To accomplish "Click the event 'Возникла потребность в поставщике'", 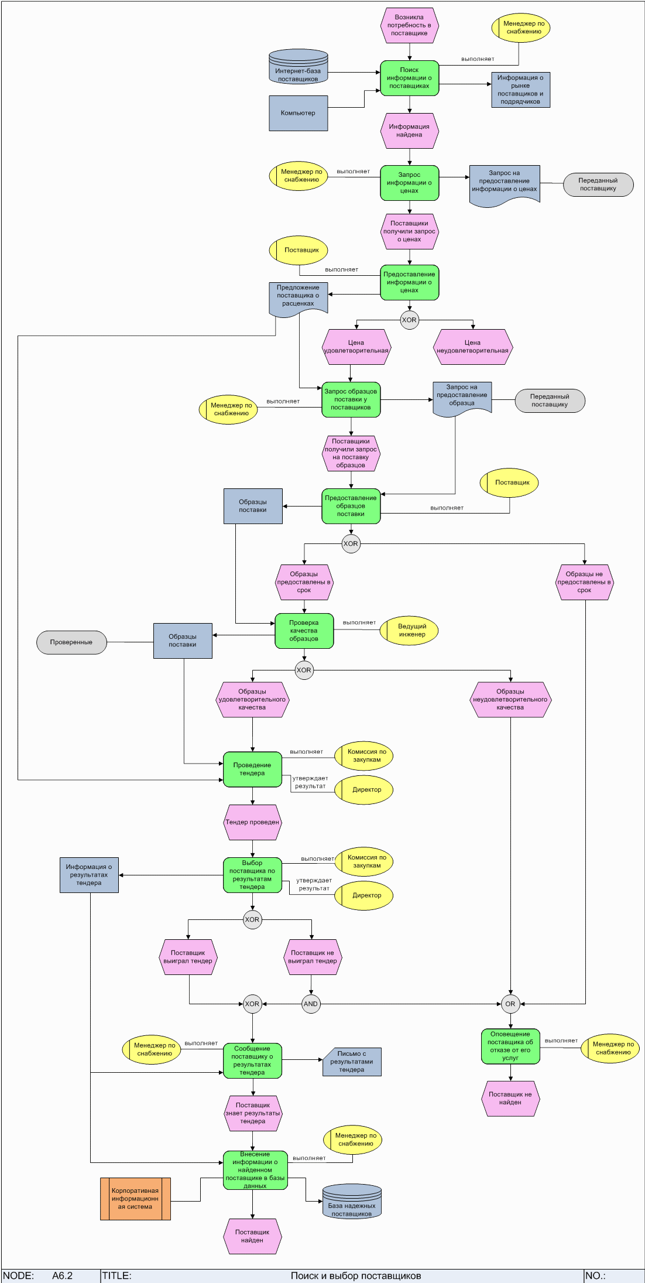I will pos(409,26).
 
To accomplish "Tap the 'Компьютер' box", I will pos(298,113).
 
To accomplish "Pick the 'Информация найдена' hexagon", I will pos(409,131).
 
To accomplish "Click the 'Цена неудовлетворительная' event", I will pos(472,347).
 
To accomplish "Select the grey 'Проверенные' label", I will pos(71,642).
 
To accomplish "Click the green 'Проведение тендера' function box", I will pos(252,769).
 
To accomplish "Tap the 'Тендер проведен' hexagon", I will pos(252,822).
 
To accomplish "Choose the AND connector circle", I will pos(311,1004).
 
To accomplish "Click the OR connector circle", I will pos(510,1004).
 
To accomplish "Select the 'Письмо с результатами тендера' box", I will pos(352,1062).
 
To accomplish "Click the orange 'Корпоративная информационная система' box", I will pos(135,1199).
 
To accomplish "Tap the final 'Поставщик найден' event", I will pos(252,1236).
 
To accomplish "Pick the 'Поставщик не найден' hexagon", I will pos(510,1099).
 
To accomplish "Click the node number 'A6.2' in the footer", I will pos(62,1275).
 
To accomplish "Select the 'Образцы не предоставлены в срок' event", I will pos(584,582).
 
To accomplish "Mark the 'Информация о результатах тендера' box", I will pos(89,875).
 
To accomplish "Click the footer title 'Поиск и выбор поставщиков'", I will pos(356,1275).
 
